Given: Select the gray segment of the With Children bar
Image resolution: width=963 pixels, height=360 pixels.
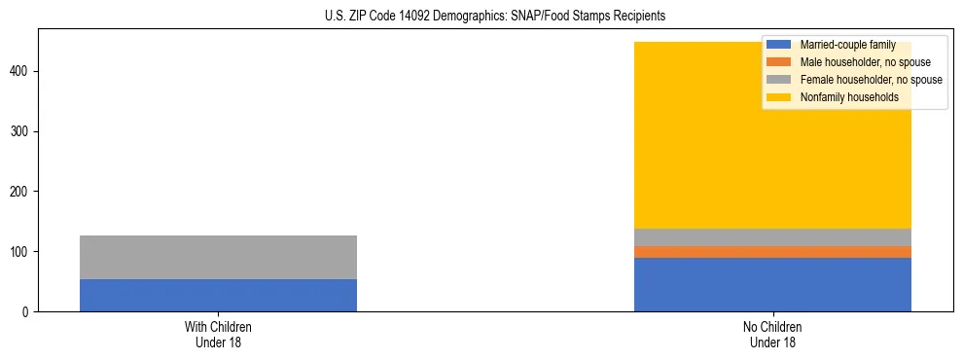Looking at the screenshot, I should coord(218,257).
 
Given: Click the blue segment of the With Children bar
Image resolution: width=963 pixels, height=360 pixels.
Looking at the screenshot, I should coord(218,295).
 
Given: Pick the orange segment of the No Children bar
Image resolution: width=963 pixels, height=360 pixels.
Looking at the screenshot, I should coord(772,252).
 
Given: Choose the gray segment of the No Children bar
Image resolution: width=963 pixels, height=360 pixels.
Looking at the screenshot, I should coord(772,237).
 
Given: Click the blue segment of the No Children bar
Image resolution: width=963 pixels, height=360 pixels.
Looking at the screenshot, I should coord(772,284).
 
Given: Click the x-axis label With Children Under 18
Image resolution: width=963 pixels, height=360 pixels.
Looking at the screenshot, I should coord(218,334).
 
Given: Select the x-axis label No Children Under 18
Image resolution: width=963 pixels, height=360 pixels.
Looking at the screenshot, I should coord(772,334).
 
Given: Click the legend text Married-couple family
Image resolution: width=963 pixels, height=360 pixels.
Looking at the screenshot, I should coord(847,45).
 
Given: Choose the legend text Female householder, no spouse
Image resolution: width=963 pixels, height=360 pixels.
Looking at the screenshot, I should coord(871,80).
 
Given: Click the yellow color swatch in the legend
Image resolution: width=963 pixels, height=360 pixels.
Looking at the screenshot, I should coord(779,97).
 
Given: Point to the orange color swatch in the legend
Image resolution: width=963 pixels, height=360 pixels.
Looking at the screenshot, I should coord(779,62).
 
